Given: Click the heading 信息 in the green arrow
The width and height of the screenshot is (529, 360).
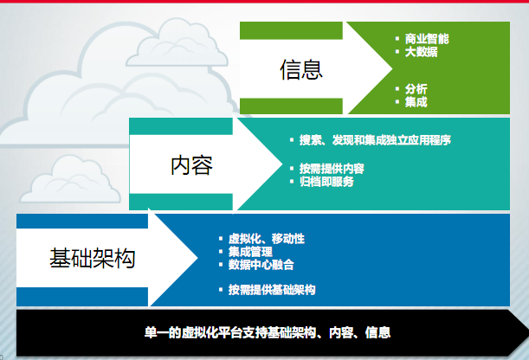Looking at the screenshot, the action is click(x=301, y=69).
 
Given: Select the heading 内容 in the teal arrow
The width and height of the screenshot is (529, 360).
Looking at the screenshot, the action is click(x=191, y=165).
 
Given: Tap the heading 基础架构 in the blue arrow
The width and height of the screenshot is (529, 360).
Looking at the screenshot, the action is click(x=93, y=258).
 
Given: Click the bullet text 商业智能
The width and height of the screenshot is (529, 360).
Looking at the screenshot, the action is click(x=427, y=39).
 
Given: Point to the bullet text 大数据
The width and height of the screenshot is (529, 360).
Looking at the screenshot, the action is click(x=422, y=52).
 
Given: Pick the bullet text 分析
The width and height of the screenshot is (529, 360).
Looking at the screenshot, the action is click(x=416, y=89).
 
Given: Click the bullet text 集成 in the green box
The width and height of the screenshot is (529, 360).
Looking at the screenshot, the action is click(x=416, y=102).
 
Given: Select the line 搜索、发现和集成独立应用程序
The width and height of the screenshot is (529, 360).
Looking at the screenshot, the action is click(x=375, y=140).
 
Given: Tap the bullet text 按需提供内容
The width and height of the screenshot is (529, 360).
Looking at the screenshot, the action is click(x=332, y=169).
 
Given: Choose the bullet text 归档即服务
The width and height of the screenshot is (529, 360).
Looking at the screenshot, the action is click(x=326, y=182).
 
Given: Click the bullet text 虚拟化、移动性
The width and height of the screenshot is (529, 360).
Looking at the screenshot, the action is click(x=267, y=239).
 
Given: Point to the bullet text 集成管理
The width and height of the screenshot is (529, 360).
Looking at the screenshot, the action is click(x=250, y=252).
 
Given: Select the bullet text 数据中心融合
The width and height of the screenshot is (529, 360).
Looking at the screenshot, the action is click(x=261, y=265).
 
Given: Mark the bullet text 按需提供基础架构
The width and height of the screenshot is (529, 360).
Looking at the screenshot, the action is click(x=272, y=290).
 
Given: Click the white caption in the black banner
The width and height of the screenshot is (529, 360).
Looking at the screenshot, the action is click(x=268, y=332).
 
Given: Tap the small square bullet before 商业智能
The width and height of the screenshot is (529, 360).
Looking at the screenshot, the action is click(x=397, y=39).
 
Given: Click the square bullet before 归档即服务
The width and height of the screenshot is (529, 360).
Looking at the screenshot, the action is click(x=292, y=182).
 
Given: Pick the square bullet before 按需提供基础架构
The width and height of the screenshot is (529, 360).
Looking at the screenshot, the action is click(x=221, y=289).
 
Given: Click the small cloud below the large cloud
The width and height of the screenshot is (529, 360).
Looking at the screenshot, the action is click(x=70, y=180).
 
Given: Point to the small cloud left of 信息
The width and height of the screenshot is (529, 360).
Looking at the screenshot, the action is click(x=177, y=43).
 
